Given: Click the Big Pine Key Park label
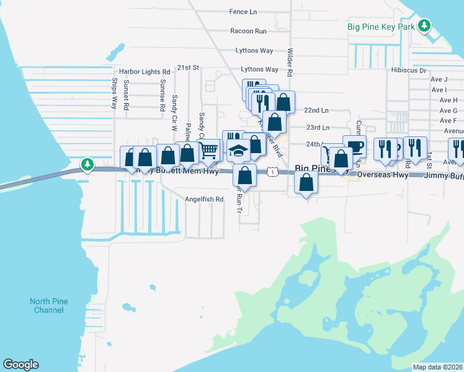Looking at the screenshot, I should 381,27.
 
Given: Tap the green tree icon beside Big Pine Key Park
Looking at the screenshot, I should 424,25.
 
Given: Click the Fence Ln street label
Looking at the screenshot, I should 243,12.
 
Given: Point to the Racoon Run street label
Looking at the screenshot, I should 248,31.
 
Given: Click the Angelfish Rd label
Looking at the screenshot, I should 203,199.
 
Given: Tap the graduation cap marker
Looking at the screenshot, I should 238,150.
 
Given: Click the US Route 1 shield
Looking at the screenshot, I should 272,171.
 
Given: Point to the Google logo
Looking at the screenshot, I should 20,365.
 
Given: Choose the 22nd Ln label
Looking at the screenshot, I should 316,110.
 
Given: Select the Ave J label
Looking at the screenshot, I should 439,79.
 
